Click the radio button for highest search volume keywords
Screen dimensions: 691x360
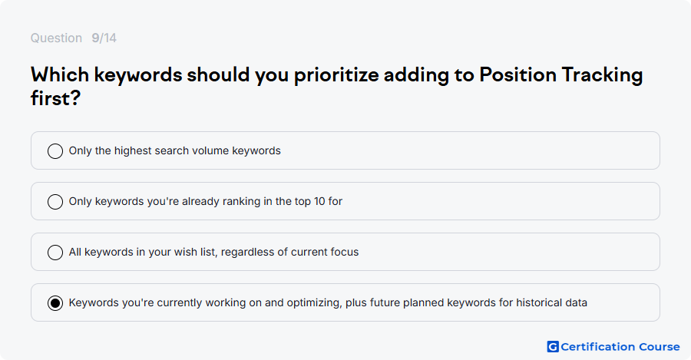click(55, 151)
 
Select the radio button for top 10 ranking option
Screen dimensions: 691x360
click(55, 202)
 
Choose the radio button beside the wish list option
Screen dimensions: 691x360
click(55, 253)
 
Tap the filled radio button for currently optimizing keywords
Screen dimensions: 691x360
click(55, 303)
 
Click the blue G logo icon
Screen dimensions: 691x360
click(553, 347)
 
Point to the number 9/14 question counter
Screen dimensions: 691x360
click(104, 38)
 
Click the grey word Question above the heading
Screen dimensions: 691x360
click(56, 38)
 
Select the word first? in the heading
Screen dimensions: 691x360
click(55, 97)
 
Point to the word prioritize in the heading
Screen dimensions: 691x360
click(336, 75)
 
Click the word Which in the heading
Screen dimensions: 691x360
click(60, 74)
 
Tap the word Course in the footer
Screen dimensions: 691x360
click(660, 347)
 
